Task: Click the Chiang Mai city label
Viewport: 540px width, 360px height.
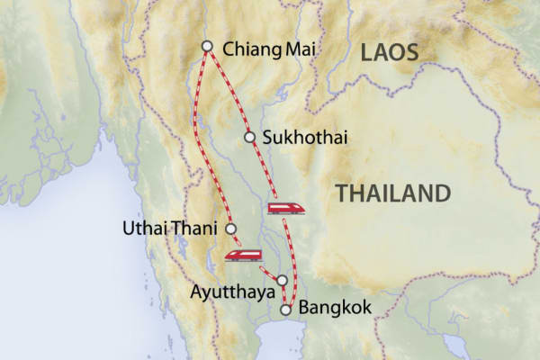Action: coord(267,47)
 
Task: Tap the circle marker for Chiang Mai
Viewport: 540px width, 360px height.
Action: coord(208,46)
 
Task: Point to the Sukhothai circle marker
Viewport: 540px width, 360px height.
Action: coord(251,138)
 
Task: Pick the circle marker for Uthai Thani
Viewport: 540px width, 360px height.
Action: coord(231,229)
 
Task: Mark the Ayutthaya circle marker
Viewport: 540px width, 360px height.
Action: coord(282,280)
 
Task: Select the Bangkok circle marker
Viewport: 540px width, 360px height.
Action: coord(286,310)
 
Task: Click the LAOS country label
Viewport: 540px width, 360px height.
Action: coord(390,53)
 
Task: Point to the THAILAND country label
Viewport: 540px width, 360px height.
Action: coord(391,193)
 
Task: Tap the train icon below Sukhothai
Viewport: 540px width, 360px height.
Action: coord(286,209)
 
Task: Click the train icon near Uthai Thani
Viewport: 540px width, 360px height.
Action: coord(243,255)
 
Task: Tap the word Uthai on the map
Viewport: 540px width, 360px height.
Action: coord(143,229)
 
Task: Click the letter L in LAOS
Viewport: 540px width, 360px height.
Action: coord(367,53)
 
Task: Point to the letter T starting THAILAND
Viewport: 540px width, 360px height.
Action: coord(340,193)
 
